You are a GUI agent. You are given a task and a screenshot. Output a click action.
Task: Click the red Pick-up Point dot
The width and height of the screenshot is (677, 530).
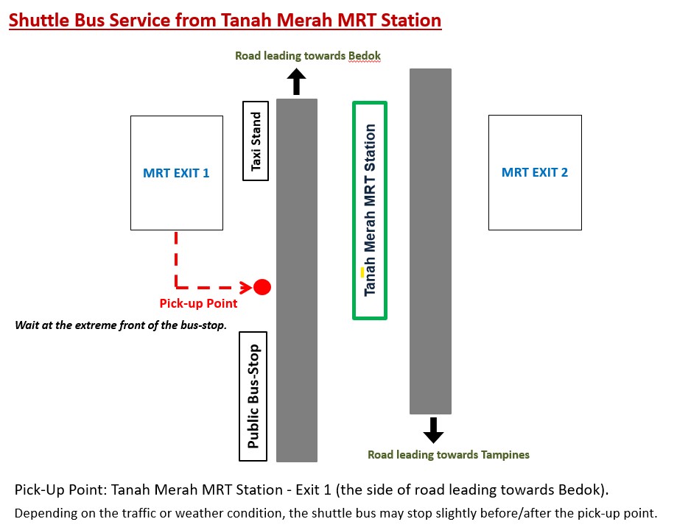(262, 287)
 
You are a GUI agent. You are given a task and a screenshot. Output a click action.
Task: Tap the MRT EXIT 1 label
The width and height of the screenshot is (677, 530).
(176, 173)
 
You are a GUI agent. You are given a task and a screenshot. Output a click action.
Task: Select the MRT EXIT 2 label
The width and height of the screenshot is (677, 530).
(535, 173)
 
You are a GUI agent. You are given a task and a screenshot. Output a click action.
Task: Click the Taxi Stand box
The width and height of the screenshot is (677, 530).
(256, 141)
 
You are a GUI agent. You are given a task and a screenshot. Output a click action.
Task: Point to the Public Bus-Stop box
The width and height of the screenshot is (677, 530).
(253, 396)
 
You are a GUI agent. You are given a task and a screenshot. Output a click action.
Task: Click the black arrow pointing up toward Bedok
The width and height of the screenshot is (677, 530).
(296, 81)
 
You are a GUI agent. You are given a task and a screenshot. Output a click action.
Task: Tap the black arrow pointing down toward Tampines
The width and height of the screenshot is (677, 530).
(433, 430)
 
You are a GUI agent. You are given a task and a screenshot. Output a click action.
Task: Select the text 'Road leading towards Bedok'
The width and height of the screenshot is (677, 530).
(307, 56)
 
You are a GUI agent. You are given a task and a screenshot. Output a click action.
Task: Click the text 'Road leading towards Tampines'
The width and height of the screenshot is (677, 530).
(448, 455)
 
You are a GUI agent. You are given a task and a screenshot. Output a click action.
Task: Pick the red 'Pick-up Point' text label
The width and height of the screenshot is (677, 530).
(198, 303)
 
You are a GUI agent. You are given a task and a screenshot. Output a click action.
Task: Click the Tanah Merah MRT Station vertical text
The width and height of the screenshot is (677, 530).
(370, 210)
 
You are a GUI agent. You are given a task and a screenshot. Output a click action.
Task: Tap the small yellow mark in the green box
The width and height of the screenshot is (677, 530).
(362, 272)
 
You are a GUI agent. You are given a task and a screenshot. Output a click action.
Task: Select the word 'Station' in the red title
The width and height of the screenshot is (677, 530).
(407, 20)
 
